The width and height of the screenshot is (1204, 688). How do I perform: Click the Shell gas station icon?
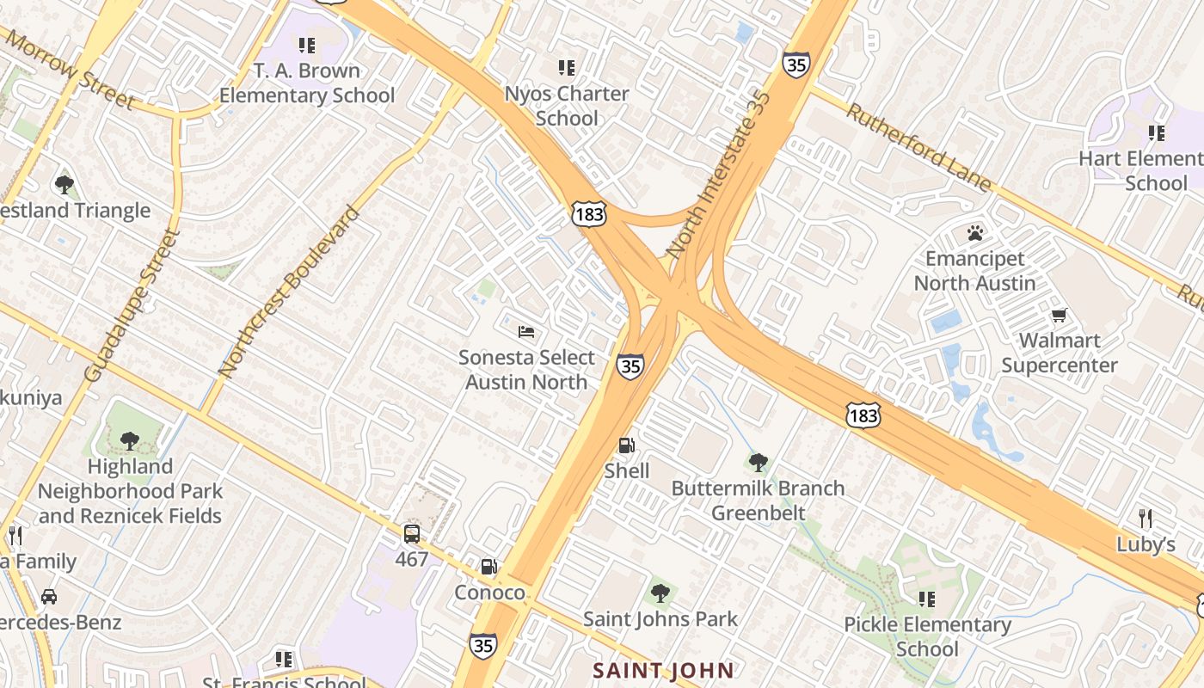pos(628,445)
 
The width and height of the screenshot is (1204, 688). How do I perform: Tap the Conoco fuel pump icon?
pos(488,567)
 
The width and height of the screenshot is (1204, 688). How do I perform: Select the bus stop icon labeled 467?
pos(412,534)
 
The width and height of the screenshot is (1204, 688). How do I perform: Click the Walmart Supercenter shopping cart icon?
pos(1060,316)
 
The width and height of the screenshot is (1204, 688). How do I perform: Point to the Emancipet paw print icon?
pos(974,233)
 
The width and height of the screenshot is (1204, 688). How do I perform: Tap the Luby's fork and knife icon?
pos(1145,519)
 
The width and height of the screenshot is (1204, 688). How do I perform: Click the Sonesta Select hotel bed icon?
pos(526,332)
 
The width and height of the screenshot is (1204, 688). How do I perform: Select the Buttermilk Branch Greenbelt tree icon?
pos(758,463)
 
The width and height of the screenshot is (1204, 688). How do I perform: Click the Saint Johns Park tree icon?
pos(660,593)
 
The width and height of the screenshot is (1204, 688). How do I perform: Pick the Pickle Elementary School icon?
pos(926,599)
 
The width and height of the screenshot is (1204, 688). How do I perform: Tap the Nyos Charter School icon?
pos(566,67)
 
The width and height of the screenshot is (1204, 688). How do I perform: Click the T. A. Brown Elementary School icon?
pos(306,45)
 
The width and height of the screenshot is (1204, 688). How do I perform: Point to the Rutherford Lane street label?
pos(918,147)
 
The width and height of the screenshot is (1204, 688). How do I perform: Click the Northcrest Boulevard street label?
pos(288,292)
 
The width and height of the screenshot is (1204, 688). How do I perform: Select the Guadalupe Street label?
pos(131,305)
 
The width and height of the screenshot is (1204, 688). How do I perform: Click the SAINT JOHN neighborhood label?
pos(664,670)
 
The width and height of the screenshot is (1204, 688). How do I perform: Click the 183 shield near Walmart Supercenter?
pos(863,416)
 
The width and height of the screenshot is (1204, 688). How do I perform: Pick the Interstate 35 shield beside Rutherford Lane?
pos(795,64)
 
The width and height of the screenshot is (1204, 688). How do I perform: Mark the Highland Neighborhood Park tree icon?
pos(129,441)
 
